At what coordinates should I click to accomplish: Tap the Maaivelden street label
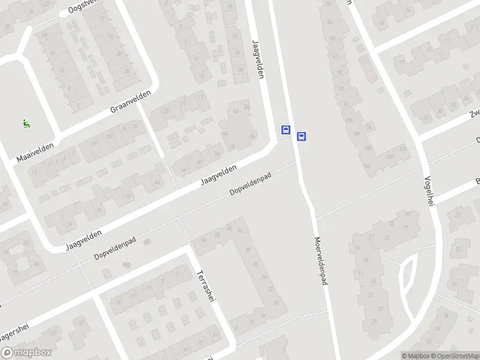point(35,152)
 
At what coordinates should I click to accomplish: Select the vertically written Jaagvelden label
point(259,59)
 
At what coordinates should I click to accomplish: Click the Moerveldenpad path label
point(320,261)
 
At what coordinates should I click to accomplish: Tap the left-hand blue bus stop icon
point(286,130)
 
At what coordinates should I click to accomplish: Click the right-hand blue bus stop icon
point(302,136)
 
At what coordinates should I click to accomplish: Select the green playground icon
point(26,124)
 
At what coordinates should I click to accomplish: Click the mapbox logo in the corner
point(26,353)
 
